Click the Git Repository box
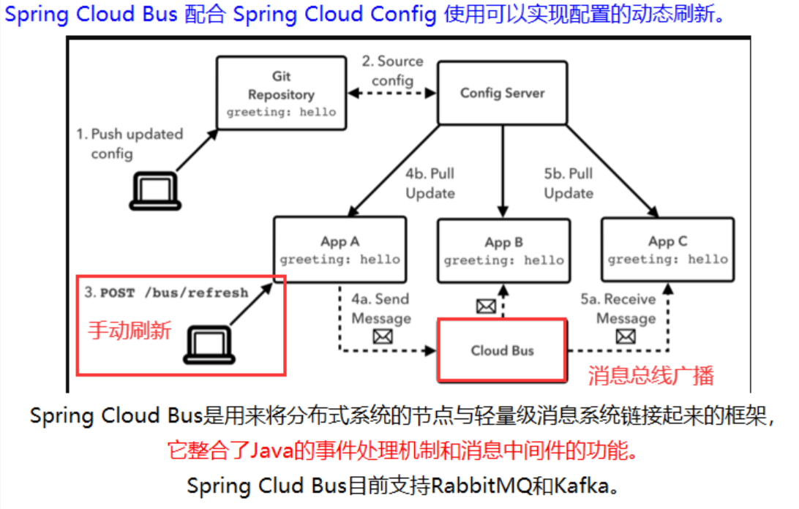click(x=282, y=94)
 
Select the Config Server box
click(x=502, y=93)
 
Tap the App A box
click(x=340, y=249)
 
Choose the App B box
click(x=503, y=251)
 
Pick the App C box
click(x=667, y=249)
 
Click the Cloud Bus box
click(x=502, y=350)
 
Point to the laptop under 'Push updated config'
click(x=154, y=191)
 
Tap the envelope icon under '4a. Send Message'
click(x=382, y=337)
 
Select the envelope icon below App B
click(x=486, y=306)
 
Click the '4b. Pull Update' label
click(x=430, y=184)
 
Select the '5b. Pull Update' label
click(x=569, y=184)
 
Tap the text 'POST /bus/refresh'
click(x=174, y=293)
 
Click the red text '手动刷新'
click(x=130, y=331)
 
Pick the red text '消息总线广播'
click(x=650, y=376)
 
